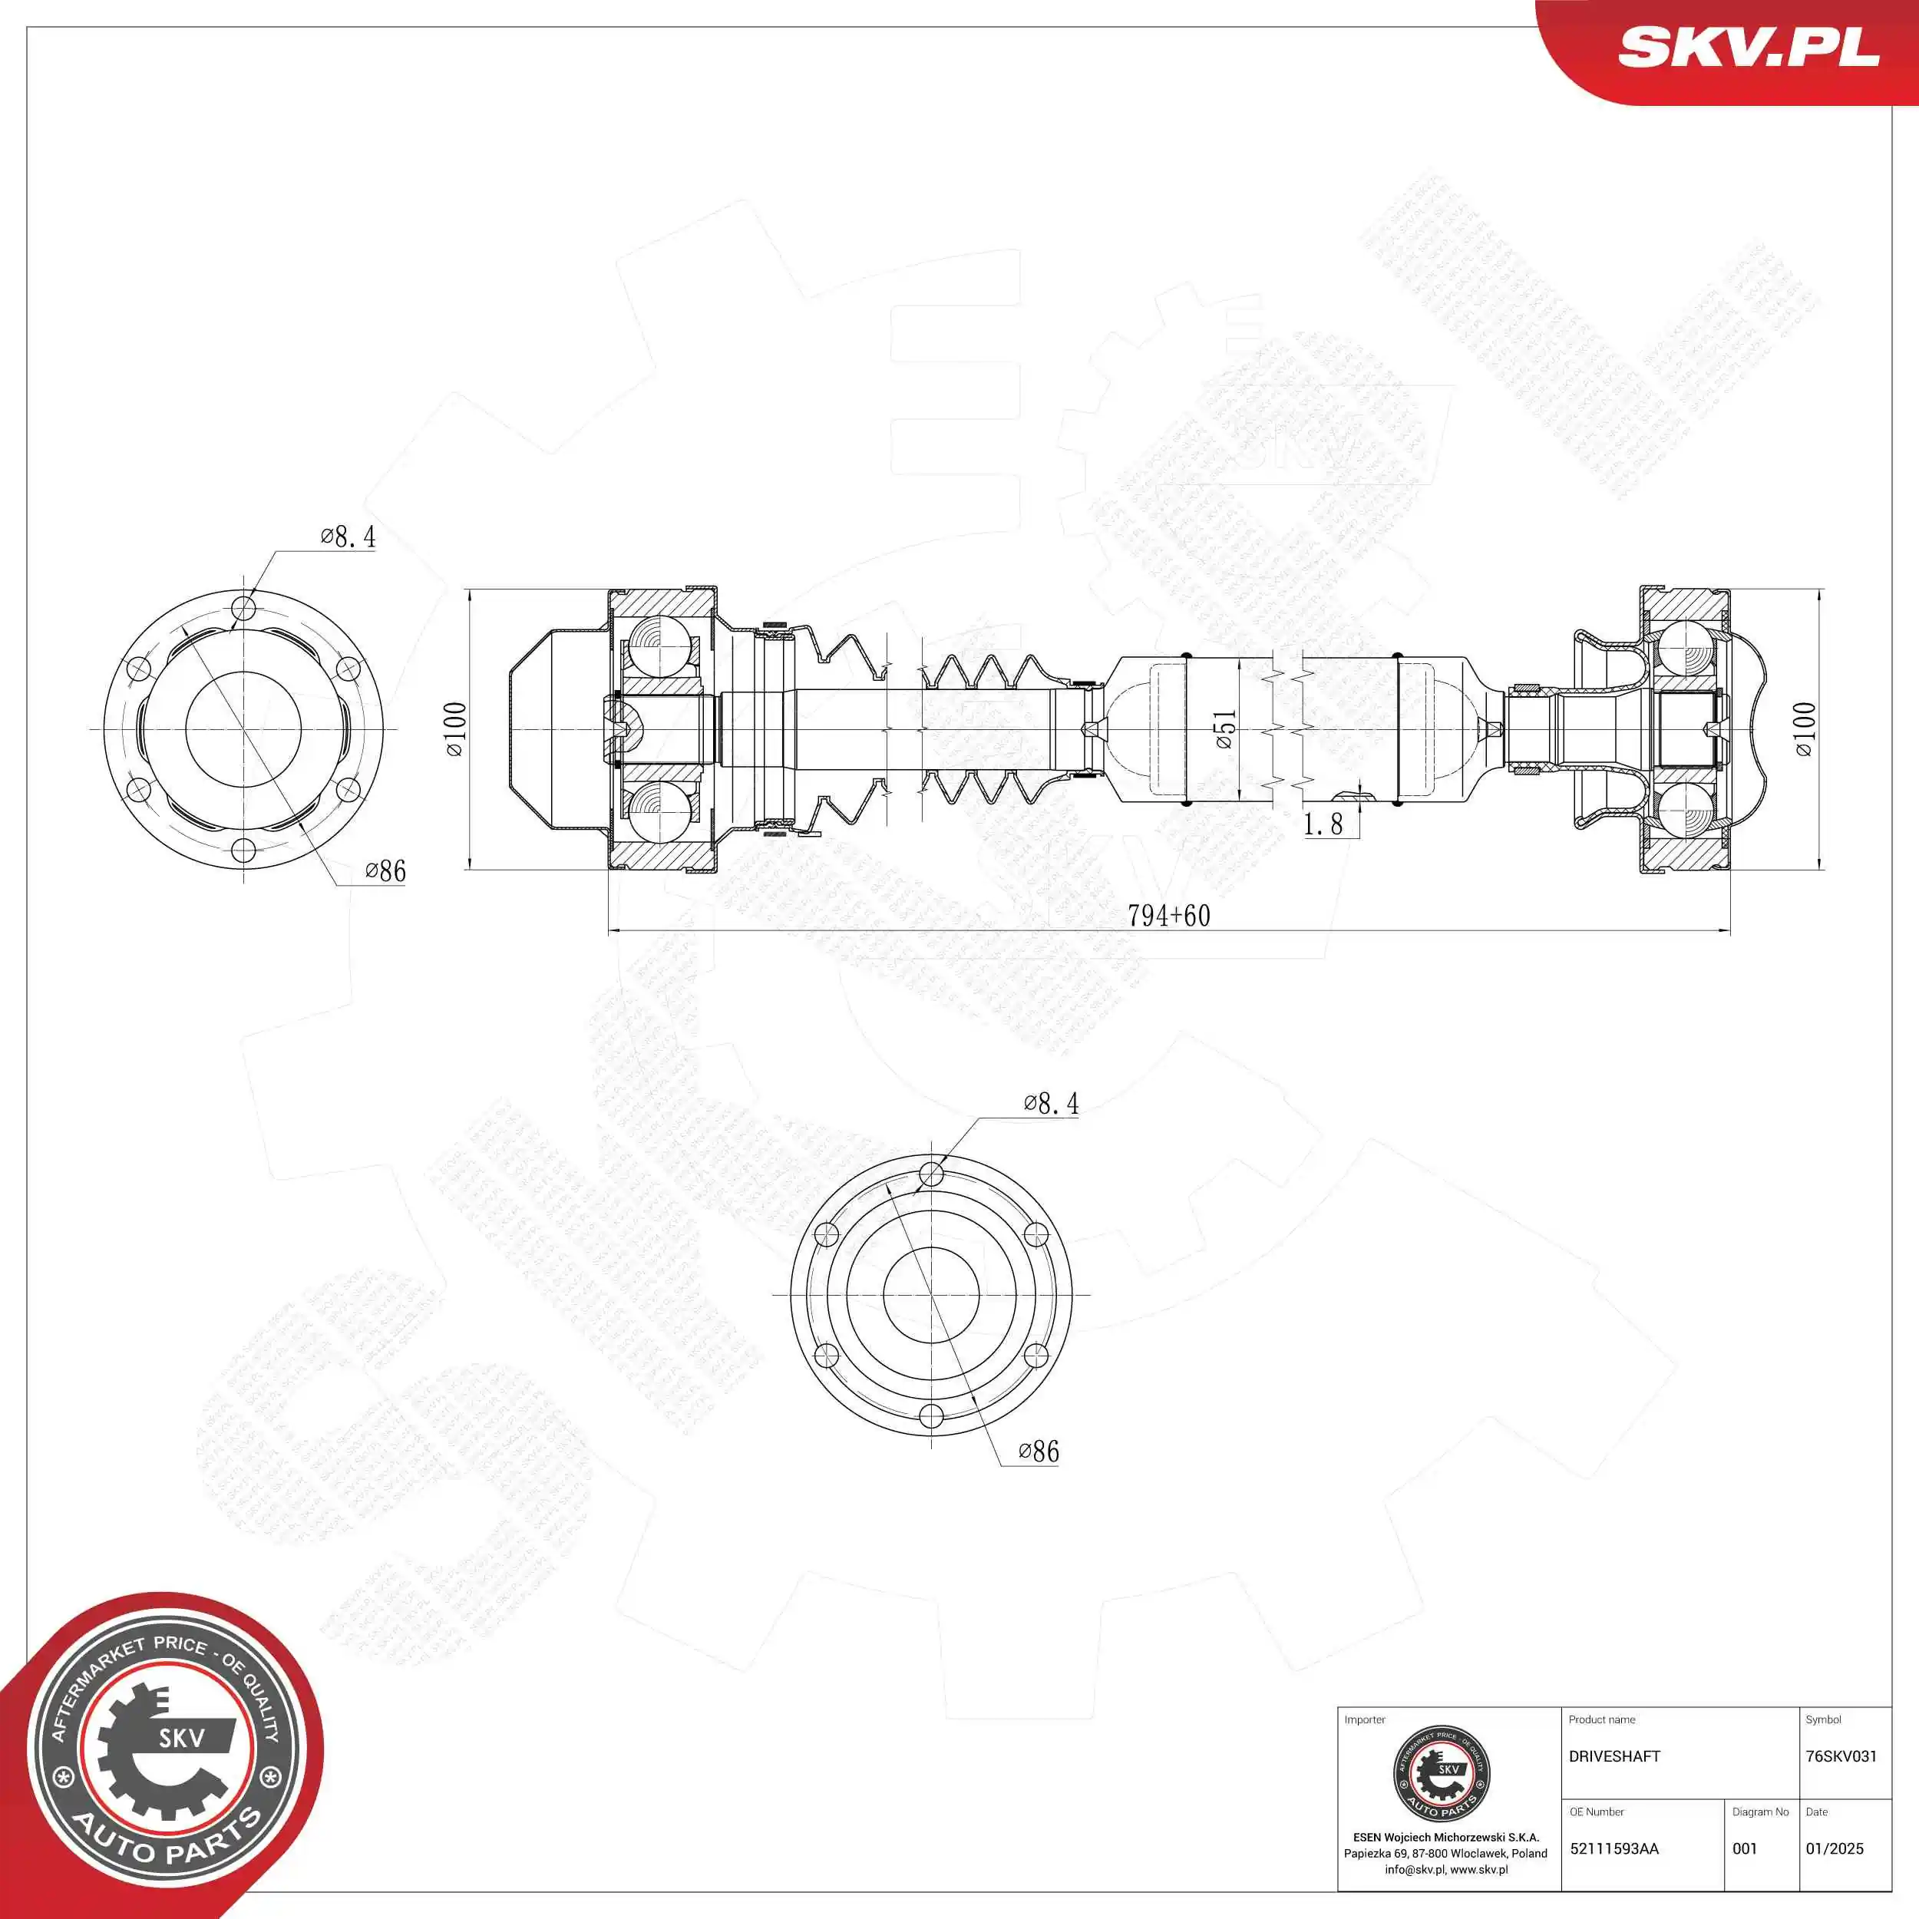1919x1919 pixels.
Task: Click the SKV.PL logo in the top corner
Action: click(x=1748, y=48)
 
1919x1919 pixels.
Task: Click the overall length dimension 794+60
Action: click(x=1168, y=916)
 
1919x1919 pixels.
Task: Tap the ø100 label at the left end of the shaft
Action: click(x=456, y=730)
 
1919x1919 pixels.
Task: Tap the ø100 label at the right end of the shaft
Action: click(x=1805, y=730)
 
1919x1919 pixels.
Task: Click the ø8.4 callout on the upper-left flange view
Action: click(x=348, y=537)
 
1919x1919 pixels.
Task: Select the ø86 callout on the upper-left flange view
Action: click(x=385, y=871)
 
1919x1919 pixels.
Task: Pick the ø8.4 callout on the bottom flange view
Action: click(x=1051, y=1104)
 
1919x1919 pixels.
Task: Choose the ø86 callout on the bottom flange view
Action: click(x=1039, y=1452)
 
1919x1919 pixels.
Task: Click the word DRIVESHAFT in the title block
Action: click(x=1614, y=1757)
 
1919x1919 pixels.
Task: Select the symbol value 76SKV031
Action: click(x=1841, y=1757)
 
